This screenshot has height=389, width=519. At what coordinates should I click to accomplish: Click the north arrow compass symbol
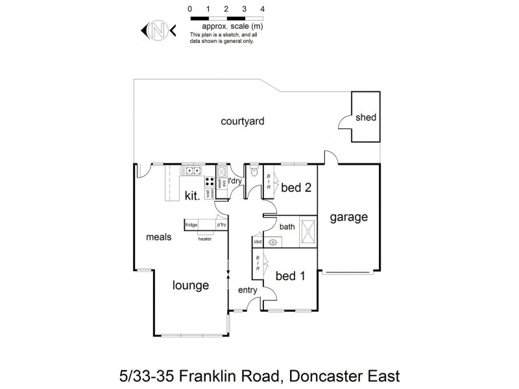[156, 29]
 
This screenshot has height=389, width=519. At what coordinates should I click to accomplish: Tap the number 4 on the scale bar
[262, 9]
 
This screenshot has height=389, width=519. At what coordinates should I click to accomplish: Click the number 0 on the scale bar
[189, 9]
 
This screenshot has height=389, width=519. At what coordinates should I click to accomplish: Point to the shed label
[365, 117]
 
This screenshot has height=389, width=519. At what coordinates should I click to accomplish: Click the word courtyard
[241, 121]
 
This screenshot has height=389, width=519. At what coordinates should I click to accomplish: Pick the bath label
[287, 227]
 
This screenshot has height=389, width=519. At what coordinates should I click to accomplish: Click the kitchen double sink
[192, 171]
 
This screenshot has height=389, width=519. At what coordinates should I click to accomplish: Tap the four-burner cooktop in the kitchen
[211, 182]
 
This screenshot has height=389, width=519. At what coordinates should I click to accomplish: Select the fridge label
[191, 225]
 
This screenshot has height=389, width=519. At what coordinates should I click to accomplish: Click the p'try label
[221, 225]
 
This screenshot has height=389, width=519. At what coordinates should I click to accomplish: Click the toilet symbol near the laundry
[254, 172]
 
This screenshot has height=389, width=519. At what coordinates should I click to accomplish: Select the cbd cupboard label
[258, 242]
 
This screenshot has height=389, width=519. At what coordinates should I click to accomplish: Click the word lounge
[190, 285]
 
